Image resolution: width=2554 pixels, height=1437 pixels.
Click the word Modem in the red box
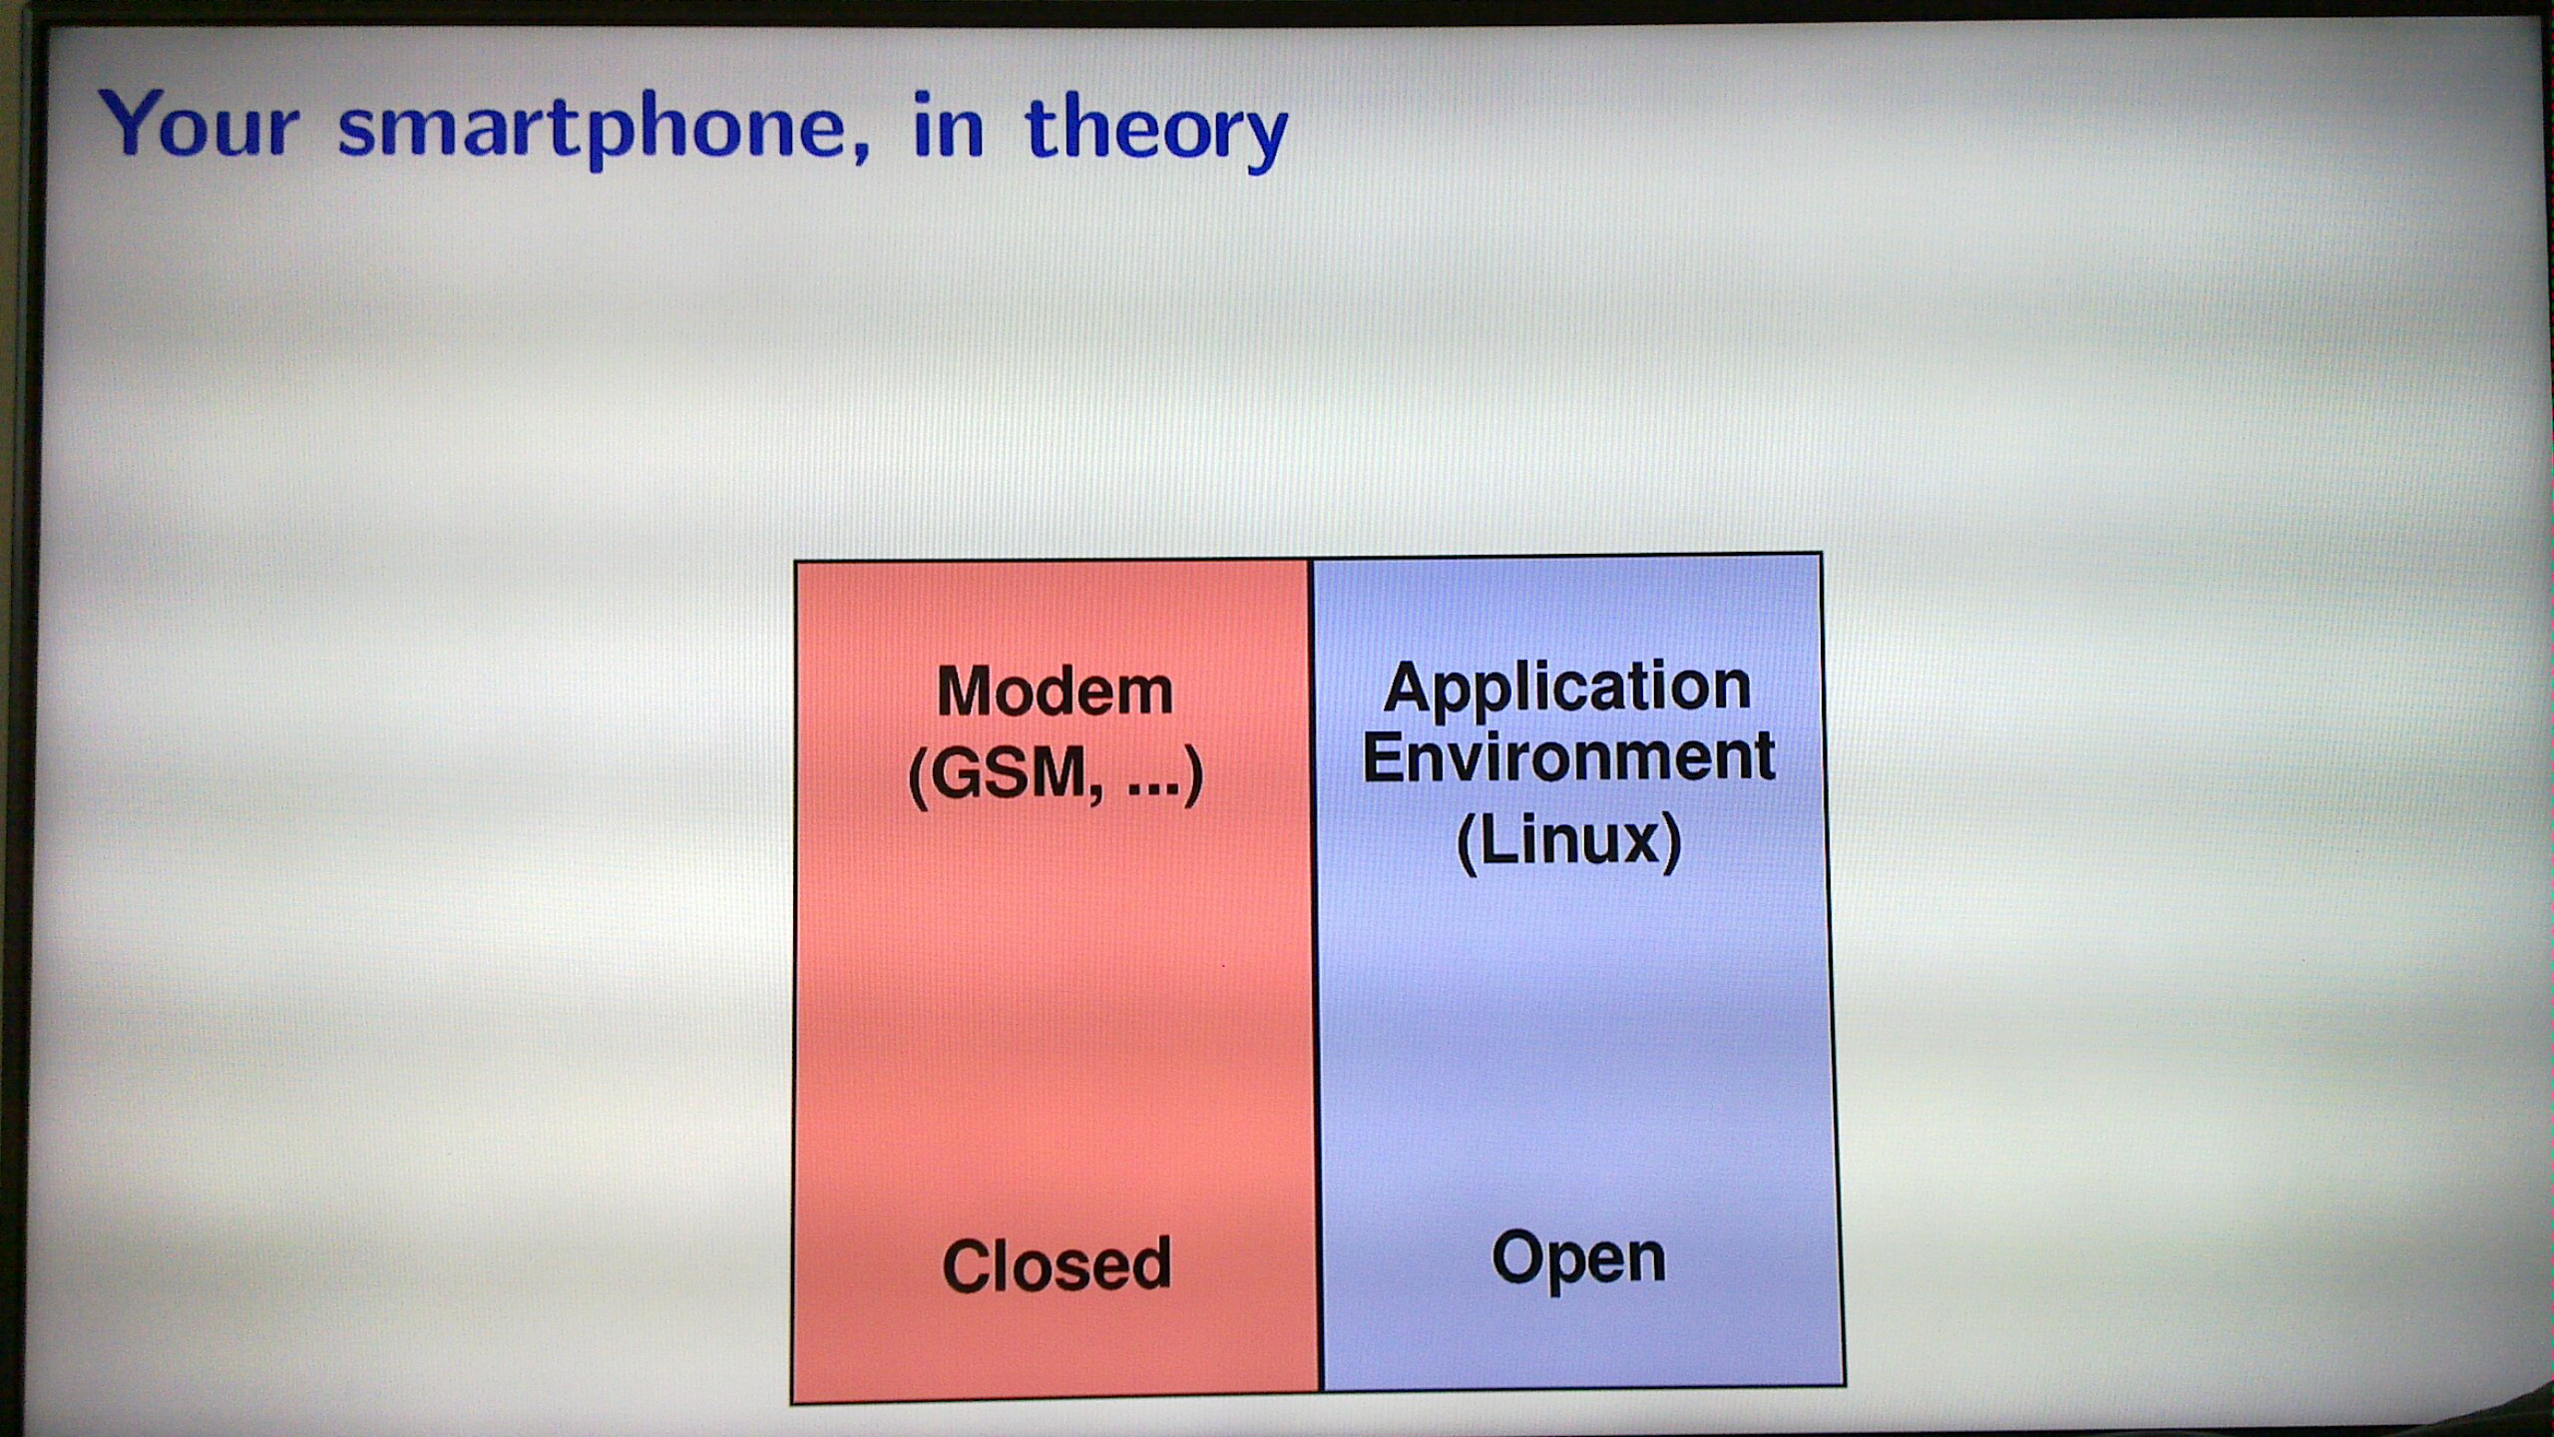pyautogui.click(x=1055, y=691)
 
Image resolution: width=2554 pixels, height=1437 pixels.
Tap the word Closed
pyautogui.click(x=1057, y=1264)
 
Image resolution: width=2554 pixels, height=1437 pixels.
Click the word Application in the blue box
pyautogui.click(x=1566, y=689)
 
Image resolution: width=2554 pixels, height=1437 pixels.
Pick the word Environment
pyautogui.click(x=1568, y=756)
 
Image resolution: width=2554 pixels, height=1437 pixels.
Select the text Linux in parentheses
pyautogui.click(x=1569, y=840)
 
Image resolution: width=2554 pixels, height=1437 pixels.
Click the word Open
pyautogui.click(x=1578, y=1259)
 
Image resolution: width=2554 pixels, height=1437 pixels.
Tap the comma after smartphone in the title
pyautogui.click(x=861, y=151)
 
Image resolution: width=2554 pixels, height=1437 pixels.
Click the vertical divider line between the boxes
pyautogui.click(x=1315, y=975)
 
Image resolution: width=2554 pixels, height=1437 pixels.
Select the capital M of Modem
pyautogui.click(x=966, y=691)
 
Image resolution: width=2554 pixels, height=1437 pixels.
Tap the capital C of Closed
pyautogui.click(x=967, y=1265)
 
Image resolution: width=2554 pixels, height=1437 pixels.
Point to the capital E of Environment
pyautogui.click(x=1384, y=756)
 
